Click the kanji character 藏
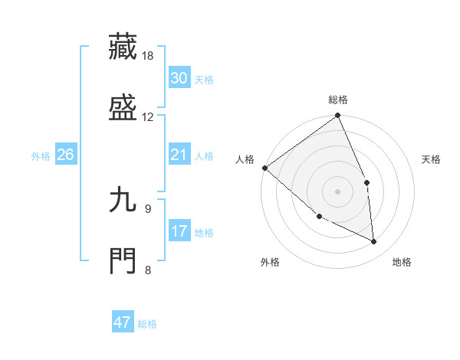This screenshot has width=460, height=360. pyautogui.click(x=123, y=46)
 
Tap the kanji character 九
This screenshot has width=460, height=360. pyautogui.click(x=123, y=200)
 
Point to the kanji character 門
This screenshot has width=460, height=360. pyautogui.click(x=123, y=259)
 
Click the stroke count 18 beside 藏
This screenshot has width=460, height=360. pyautogui.click(x=148, y=57)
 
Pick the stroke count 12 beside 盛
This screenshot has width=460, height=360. pyautogui.click(x=148, y=116)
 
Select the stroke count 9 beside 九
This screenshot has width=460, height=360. pyautogui.click(x=148, y=208)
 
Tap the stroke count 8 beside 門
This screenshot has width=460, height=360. pyautogui.click(x=148, y=269)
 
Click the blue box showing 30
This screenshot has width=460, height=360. pyautogui.click(x=179, y=78)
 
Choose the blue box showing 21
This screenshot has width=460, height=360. pyautogui.click(x=179, y=155)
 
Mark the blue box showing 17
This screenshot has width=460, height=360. pyautogui.click(x=179, y=231)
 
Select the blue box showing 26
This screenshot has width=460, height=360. pyautogui.click(x=65, y=155)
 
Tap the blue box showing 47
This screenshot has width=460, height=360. pyautogui.click(x=123, y=322)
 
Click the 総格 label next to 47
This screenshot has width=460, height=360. pyautogui.click(x=147, y=324)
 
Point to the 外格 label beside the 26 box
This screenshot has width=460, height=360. pyautogui.click(x=41, y=156)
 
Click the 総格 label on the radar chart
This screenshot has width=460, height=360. pyautogui.click(x=337, y=100)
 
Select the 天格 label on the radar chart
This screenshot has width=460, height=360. pyautogui.click(x=432, y=159)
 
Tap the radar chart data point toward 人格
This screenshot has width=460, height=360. pyautogui.click(x=264, y=168)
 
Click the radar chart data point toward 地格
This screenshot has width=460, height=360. pyautogui.click(x=374, y=241)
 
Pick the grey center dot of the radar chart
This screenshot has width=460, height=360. pyautogui.click(x=337, y=191)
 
